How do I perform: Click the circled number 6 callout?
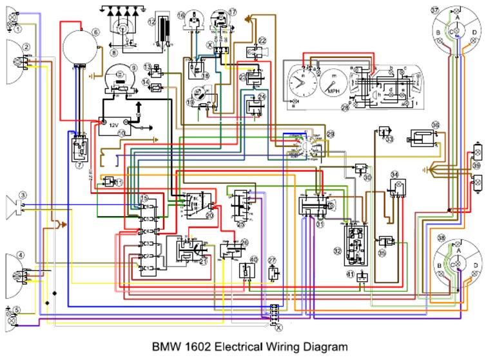(95, 32)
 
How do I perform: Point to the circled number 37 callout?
(435, 10)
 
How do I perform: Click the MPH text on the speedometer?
(333, 91)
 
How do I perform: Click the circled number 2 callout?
(26, 46)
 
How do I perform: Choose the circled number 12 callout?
(152, 21)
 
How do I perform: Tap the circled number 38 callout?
(442, 238)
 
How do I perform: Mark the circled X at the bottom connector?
(278, 327)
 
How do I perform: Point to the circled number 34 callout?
(395, 174)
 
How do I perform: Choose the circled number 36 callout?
(436, 125)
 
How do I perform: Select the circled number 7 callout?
(79, 165)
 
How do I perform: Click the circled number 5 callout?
(17, 310)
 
